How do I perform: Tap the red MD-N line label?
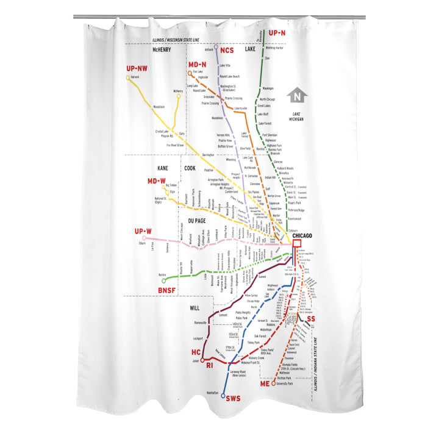coord(197,65)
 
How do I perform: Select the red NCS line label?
coord(227,50)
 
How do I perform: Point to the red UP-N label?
coord(277,33)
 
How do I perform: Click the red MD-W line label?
coord(156,181)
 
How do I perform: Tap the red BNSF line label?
coord(166,290)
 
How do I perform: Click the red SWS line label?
coord(234,398)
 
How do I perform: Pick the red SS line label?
coord(311,319)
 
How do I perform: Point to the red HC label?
coord(195,353)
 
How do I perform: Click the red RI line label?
coord(209,366)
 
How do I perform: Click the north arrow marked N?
coord(297,95)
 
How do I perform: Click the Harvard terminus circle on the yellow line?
coord(128,77)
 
